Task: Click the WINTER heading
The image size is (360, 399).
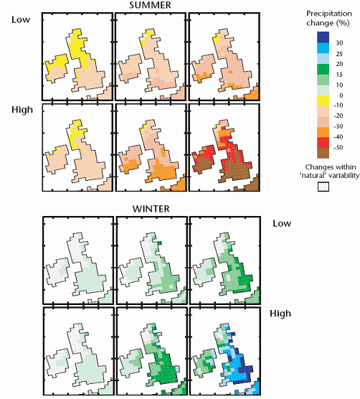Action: click(149, 209)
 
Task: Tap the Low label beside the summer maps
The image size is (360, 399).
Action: click(21, 20)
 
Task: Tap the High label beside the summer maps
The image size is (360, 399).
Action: click(22, 111)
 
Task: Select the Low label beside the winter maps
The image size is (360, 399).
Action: click(283, 223)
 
